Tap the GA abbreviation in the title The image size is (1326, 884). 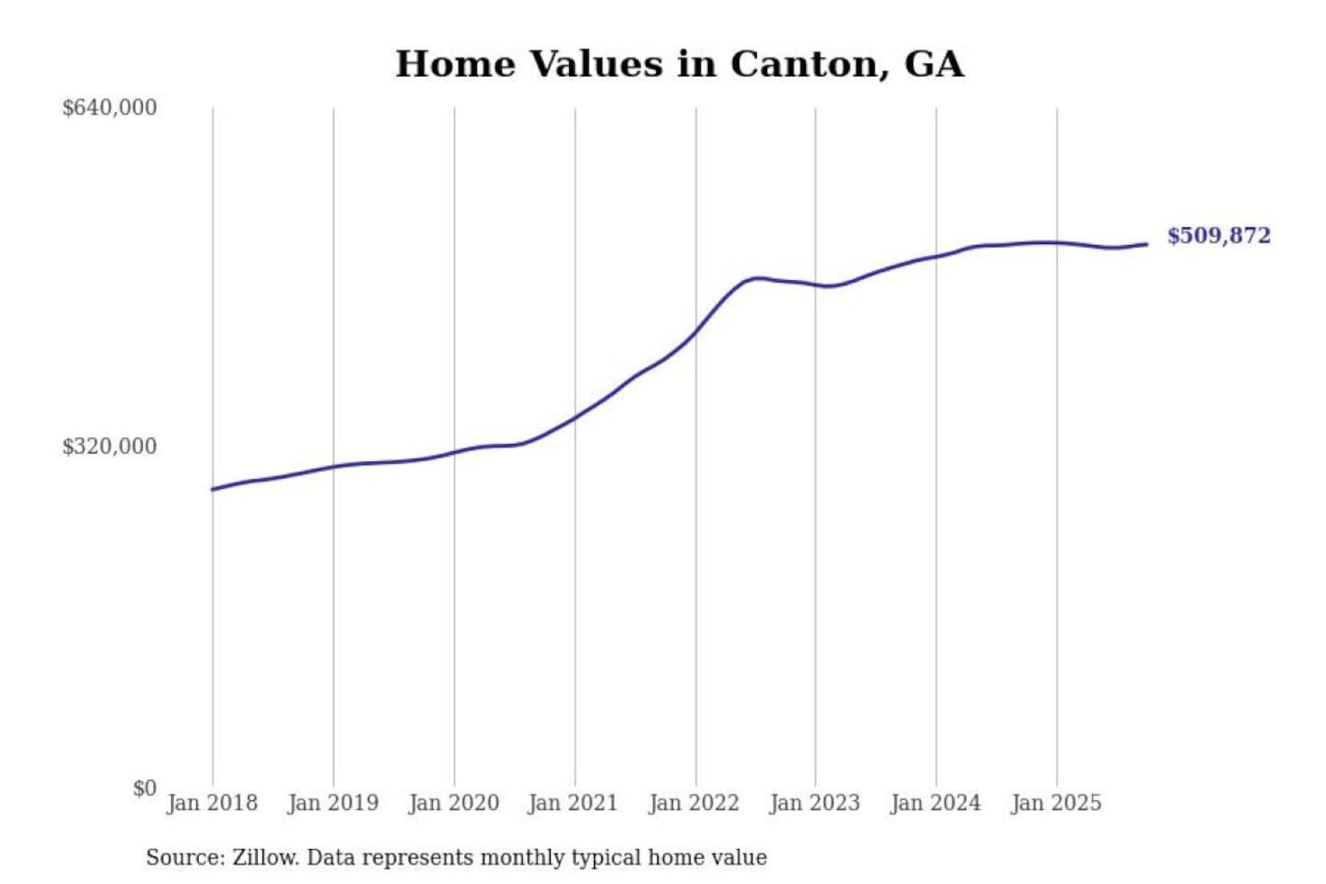934,64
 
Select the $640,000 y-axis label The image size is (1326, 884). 110,108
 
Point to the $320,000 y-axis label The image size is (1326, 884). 110,447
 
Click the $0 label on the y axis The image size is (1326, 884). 144,788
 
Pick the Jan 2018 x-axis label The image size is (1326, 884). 212,803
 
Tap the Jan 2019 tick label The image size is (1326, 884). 332,803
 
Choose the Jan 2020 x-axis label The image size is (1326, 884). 453,803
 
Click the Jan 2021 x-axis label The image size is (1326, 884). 573,803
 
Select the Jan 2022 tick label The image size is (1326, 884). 693,803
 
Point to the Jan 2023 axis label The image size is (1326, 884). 814,803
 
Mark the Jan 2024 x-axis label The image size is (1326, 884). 935,803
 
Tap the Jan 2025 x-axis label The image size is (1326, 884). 1055,803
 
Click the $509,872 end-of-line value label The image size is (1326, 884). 1218,236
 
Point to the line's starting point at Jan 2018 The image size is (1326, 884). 213,489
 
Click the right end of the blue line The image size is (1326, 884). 1146,244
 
